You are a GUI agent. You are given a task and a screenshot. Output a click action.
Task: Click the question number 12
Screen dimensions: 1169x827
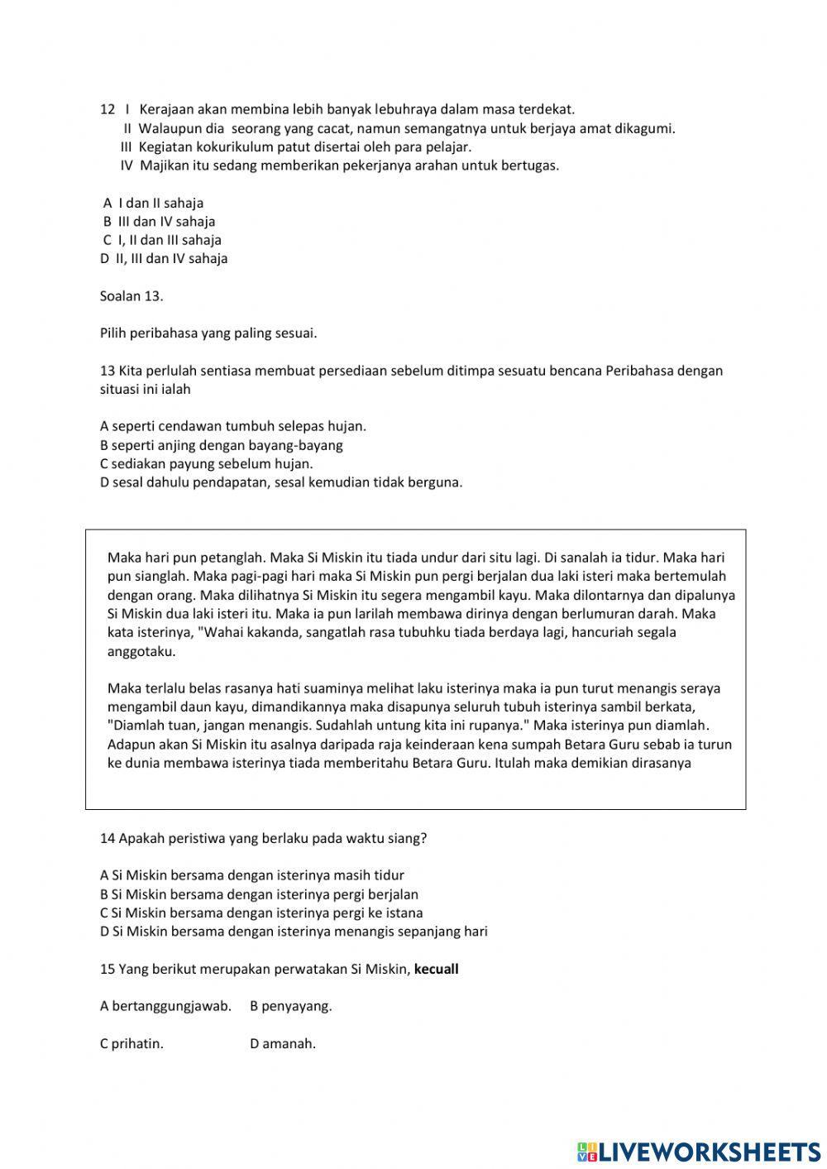107,109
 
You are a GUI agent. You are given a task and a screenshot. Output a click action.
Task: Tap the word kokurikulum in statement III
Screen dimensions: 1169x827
236,146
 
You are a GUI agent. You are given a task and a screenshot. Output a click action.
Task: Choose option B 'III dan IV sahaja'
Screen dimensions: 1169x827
160,221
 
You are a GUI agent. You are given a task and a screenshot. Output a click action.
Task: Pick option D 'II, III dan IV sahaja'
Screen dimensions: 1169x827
164,258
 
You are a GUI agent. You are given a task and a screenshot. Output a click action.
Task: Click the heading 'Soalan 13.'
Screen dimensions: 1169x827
131,295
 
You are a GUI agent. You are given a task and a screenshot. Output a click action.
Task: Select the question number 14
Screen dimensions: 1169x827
107,838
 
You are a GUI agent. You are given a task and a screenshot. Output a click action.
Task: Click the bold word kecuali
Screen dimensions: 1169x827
436,969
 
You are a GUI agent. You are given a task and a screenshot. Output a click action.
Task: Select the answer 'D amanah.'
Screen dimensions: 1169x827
283,1043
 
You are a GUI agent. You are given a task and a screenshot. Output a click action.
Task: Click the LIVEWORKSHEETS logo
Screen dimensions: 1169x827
699,1151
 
